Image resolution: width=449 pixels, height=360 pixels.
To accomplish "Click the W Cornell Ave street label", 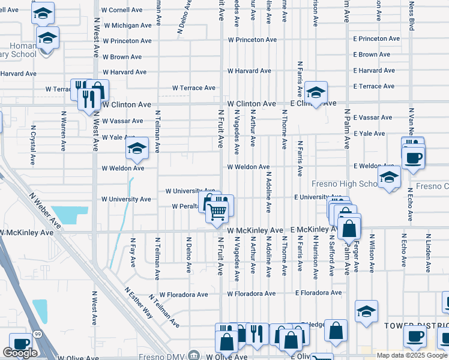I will pos(122,10).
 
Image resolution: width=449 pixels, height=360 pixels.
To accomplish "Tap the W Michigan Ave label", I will pos(127,26).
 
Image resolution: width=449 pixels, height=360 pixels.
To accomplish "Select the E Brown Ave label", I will pos(373,55).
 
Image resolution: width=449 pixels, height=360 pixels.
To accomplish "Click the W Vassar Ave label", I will pos(122,121).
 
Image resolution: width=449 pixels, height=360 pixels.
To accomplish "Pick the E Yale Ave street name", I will pos(369,133).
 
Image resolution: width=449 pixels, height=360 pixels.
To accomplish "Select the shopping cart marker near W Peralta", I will pos(217,211).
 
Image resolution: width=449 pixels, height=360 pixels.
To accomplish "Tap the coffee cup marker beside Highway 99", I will pos(20,344).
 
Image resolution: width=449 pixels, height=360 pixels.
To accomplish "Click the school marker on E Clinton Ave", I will pos(315,92).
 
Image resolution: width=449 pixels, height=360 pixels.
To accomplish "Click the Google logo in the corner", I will pos(20,353).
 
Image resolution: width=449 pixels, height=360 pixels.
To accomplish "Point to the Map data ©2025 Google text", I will pos(412,355).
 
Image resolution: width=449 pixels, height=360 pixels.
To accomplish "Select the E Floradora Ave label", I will pos(319,293).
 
